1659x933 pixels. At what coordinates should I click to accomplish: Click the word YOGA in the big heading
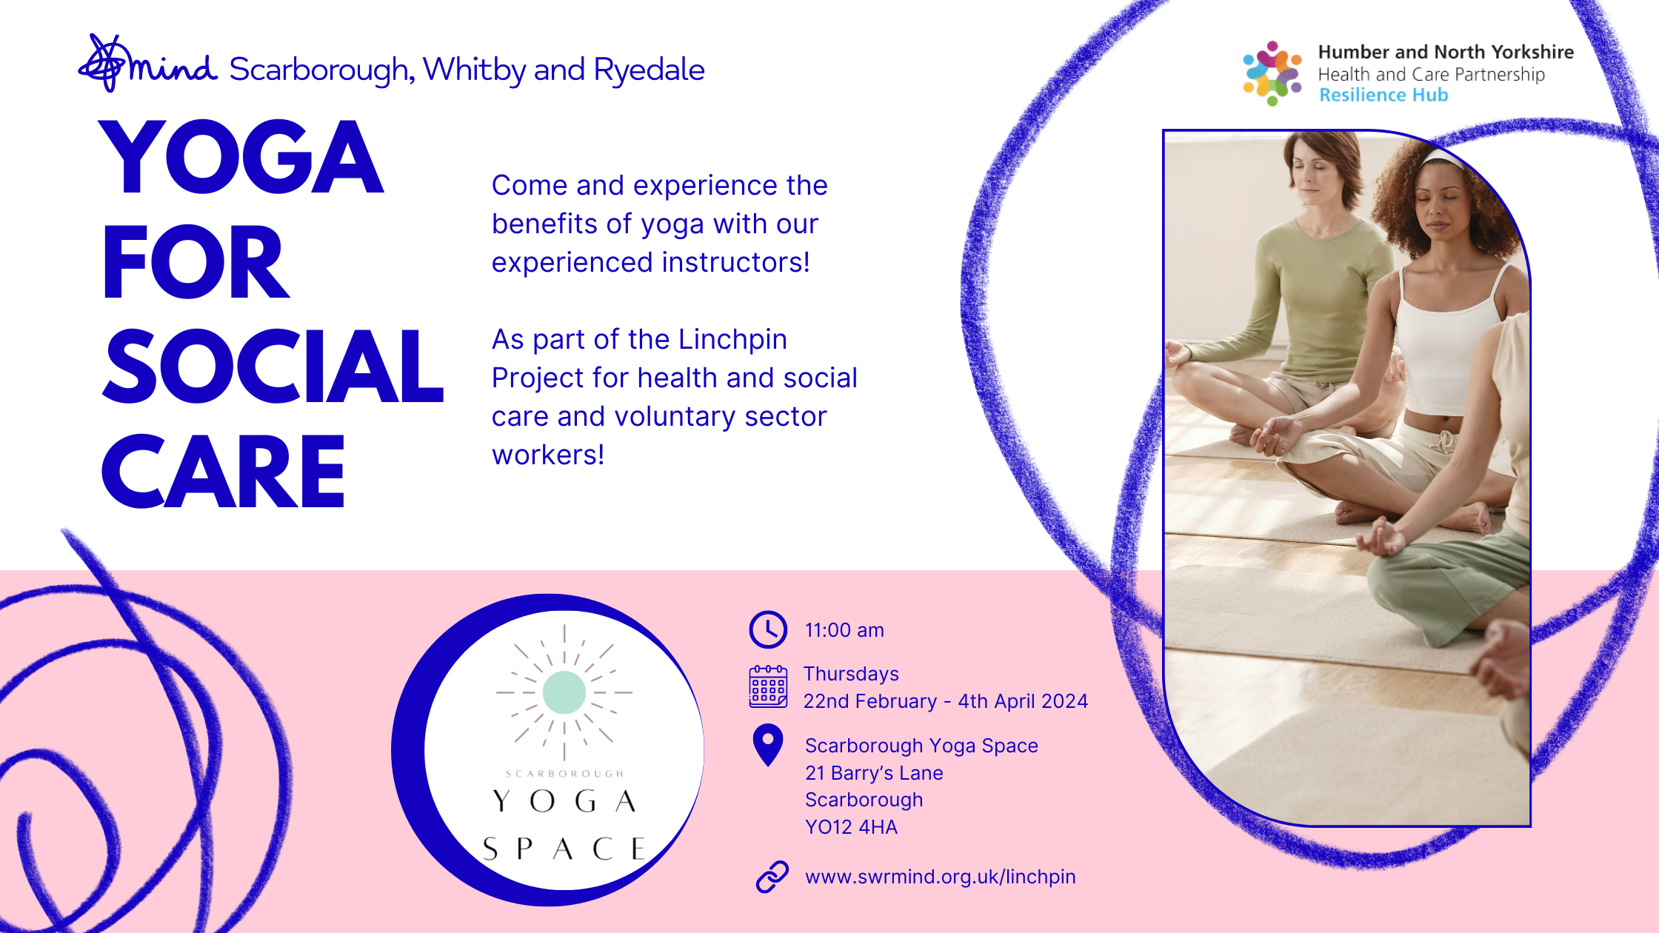(241, 157)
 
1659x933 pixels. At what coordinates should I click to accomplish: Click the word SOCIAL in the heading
(273, 367)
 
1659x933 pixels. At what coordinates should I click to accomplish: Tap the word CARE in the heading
(223, 472)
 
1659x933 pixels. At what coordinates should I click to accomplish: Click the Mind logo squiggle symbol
(104, 64)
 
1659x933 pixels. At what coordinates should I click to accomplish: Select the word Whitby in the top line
(474, 70)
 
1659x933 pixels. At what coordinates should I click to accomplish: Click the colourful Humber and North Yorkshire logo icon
(1272, 73)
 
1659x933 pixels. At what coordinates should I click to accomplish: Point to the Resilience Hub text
(1383, 95)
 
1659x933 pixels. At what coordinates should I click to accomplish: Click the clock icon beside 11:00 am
(768, 629)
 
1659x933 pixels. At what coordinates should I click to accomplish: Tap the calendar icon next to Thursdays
(768, 686)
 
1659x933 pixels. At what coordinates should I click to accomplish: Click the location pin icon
(768, 743)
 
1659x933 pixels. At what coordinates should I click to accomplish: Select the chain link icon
(772, 877)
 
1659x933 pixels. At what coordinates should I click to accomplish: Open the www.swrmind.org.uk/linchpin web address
(941, 877)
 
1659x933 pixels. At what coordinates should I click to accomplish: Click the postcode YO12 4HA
(851, 827)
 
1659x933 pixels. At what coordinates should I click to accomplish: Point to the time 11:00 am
(844, 630)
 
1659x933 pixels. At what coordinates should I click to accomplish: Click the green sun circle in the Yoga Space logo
(564, 692)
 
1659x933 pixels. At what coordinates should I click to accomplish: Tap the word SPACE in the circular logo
(564, 849)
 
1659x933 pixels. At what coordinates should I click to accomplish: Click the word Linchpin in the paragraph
(732, 340)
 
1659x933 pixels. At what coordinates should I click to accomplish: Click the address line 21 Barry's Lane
(874, 773)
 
